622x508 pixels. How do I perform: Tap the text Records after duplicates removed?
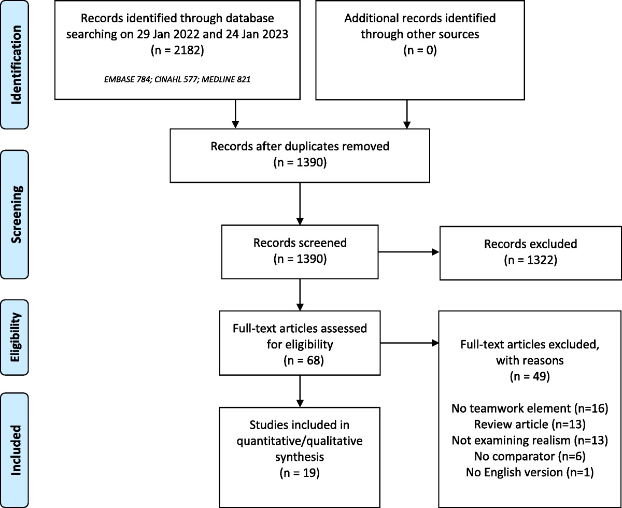click(300, 146)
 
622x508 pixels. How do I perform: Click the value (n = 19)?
click(300, 474)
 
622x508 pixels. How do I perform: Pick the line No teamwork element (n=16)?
click(530, 410)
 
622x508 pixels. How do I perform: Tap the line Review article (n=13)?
click(530, 425)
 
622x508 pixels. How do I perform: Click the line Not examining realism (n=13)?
click(530, 440)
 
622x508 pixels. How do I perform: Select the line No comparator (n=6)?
click(530, 456)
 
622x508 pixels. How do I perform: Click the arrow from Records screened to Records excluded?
click(409, 252)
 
